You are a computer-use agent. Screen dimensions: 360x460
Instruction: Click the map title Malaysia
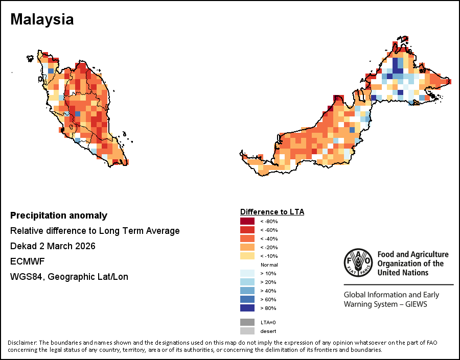(x=42, y=19)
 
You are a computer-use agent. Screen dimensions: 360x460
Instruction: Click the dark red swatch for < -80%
(x=247, y=222)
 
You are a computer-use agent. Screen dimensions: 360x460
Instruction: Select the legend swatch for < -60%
(x=247, y=230)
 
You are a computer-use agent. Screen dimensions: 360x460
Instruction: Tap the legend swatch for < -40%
(x=247, y=239)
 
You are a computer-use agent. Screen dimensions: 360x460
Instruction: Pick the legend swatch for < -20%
(x=247, y=248)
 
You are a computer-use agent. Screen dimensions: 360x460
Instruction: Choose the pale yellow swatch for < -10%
(x=247, y=256)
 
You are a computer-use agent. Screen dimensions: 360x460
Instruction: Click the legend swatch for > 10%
(x=247, y=274)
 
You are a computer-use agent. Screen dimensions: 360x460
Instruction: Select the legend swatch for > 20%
(x=247, y=282)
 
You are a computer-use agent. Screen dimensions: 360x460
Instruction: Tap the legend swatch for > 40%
(x=247, y=291)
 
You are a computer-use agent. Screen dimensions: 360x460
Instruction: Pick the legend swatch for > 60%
(x=247, y=300)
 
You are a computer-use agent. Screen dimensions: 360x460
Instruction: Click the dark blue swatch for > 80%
(x=247, y=308)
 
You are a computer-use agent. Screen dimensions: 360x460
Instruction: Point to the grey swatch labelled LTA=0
(x=247, y=322)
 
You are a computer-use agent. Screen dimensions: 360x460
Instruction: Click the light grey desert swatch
(x=247, y=331)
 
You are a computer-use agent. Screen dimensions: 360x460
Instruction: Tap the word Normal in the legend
(x=269, y=265)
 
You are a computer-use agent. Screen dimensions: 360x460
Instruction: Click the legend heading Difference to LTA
(x=272, y=211)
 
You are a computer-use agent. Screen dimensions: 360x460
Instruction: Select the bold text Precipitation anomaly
(x=59, y=215)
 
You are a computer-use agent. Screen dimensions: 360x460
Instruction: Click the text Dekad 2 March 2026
(x=53, y=246)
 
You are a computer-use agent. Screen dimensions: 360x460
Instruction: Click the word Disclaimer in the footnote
(x=22, y=342)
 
